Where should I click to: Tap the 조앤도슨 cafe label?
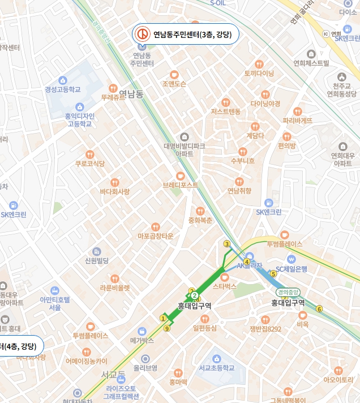[174, 83]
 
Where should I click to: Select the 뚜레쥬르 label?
[113, 97]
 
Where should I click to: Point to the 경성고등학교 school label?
[63, 89]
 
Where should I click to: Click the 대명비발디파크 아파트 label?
[184, 149]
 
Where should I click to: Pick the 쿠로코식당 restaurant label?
[90, 163]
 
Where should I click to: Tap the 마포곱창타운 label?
[155, 235]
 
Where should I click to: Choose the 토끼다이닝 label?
[259, 73]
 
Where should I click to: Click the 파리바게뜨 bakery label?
[298, 120]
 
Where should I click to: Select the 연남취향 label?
[239, 191]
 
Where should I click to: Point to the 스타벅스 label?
[224, 286]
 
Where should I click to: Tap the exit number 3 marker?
[227, 244]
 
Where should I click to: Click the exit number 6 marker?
[319, 308]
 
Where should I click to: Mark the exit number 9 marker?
[166, 328]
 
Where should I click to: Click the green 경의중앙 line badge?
[288, 292]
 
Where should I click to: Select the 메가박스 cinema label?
[142, 341]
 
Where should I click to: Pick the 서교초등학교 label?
[217, 367]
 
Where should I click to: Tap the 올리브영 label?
[145, 367]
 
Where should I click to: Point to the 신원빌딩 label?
[96, 260]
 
